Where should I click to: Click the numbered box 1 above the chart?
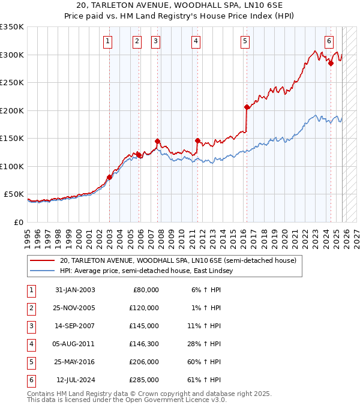tap(107, 41)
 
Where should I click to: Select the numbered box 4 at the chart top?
tap(196, 41)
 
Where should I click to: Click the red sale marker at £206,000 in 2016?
tap(247, 107)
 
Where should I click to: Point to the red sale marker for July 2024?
tap(331, 63)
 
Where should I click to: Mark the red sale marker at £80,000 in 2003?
tap(109, 177)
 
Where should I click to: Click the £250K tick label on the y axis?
tap(12, 83)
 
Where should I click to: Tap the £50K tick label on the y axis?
tap(14, 194)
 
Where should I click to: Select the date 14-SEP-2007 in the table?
tap(74, 326)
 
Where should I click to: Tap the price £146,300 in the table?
tap(143, 344)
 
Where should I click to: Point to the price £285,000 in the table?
tap(143, 380)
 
